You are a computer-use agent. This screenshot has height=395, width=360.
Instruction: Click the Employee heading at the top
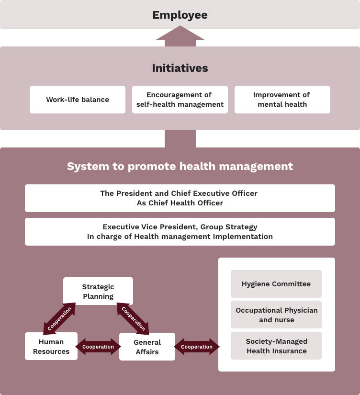[x=180, y=15]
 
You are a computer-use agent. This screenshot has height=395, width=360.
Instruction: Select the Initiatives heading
[x=180, y=68]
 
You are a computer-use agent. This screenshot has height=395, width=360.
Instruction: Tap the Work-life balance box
[x=78, y=100]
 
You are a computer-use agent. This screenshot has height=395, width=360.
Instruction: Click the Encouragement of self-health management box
[x=180, y=100]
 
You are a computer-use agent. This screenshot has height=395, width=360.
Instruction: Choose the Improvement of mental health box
[x=282, y=100]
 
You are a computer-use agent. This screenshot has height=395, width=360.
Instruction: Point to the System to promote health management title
[x=180, y=166]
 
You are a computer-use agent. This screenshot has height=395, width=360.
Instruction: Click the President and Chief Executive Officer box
[x=180, y=198]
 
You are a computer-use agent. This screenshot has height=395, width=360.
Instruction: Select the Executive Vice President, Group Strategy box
[x=180, y=232]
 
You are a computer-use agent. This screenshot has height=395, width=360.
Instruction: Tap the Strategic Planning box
[x=98, y=291]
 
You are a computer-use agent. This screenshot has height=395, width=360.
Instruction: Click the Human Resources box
[x=51, y=346]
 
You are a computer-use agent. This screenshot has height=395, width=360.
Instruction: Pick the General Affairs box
[x=147, y=347]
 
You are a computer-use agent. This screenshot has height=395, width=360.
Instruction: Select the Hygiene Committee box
[x=276, y=284]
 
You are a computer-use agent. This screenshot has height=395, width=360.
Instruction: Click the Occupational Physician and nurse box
[x=276, y=315]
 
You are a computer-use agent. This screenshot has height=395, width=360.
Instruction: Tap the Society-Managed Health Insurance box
[x=276, y=346]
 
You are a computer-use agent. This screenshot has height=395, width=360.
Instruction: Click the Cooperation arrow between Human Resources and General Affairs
[x=98, y=347]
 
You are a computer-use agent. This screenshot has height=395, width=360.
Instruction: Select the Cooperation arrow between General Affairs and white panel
[x=197, y=347]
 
